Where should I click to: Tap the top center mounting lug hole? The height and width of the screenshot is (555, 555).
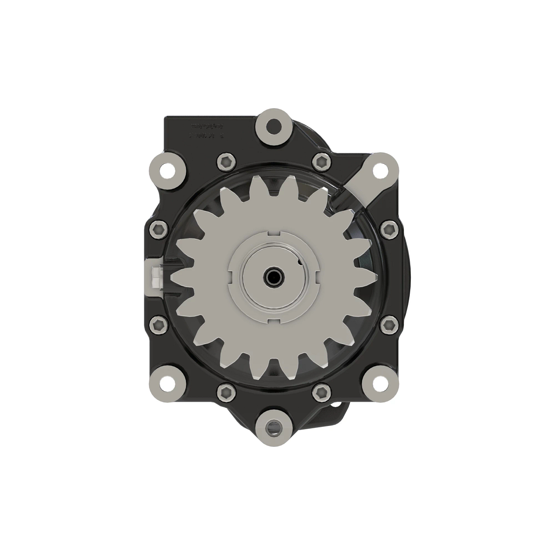coord(275,124)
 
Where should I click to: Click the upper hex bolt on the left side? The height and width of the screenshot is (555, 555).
coord(158,228)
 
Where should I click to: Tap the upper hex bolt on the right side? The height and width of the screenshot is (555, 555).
coord(389,228)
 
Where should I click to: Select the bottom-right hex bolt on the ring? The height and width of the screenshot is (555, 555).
coord(321,392)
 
